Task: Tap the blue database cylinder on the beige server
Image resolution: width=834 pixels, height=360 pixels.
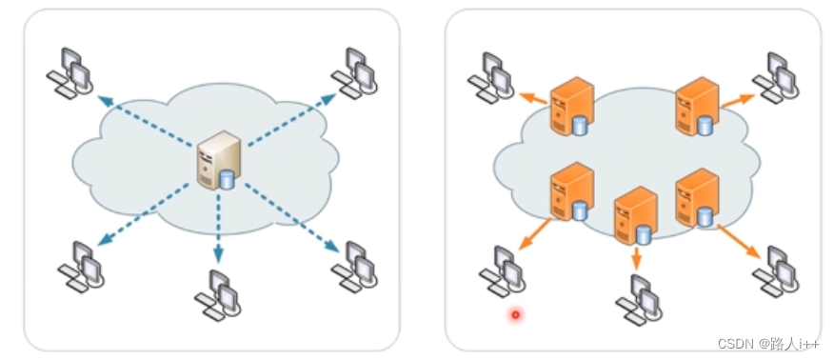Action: tap(227, 179)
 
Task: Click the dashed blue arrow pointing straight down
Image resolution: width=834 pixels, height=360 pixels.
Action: tap(218, 229)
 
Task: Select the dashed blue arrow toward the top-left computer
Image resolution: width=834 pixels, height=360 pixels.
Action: tap(143, 119)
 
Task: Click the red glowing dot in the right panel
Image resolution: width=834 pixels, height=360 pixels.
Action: tap(515, 313)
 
